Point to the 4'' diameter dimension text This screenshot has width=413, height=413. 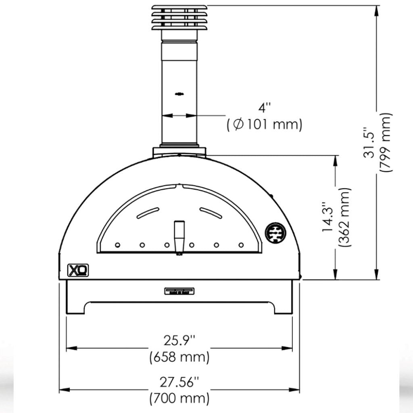click(265, 108)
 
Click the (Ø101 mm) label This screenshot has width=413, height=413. click(265, 125)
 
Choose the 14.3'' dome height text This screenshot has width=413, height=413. click(328, 217)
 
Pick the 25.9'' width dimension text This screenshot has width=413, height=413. click(179, 341)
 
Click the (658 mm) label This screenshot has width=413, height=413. click(179, 357)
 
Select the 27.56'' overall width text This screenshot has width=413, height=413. click(179, 382)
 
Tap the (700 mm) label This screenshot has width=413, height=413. click(179, 399)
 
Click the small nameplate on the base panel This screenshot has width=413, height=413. click(179, 291)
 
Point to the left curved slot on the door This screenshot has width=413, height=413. click(148, 213)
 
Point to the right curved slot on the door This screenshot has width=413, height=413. click(211, 213)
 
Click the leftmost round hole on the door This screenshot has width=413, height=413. click(117, 245)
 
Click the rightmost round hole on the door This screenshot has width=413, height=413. click(241, 245)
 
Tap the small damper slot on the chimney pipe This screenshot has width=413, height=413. click(178, 94)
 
